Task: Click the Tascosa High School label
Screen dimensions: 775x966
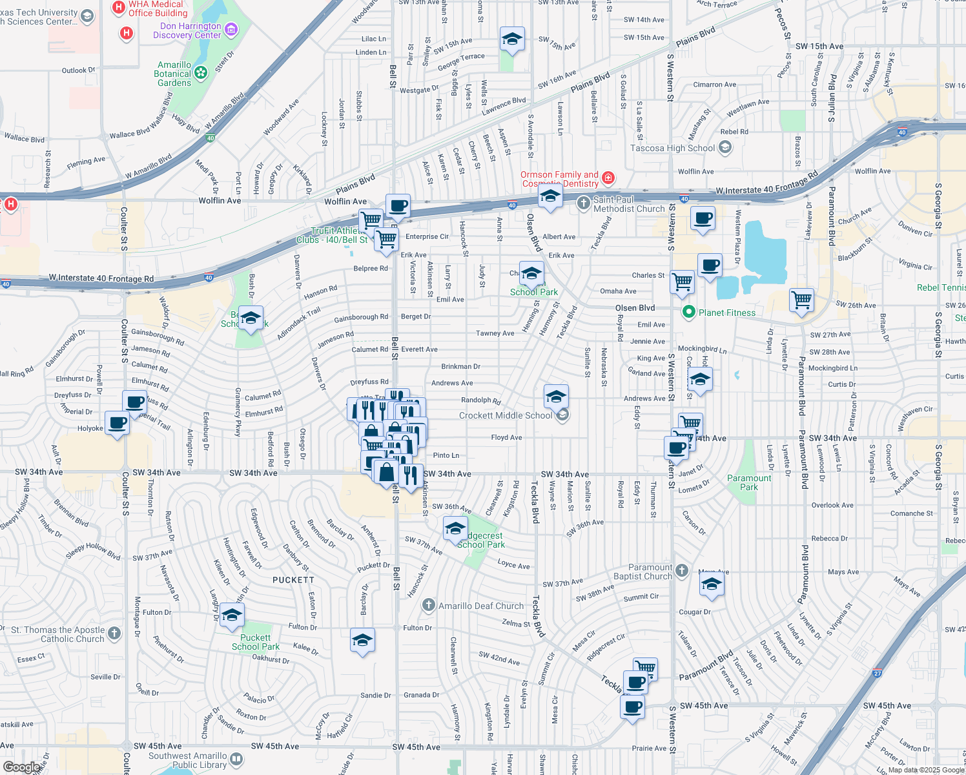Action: (x=672, y=148)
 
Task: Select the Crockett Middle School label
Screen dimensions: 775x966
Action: (x=506, y=415)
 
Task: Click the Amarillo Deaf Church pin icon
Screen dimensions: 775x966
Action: (x=429, y=605)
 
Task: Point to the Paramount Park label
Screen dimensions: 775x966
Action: (x=749, y=482)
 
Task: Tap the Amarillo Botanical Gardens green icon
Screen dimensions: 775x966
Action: (x=201, y=73)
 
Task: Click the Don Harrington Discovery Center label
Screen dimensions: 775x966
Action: (x=187, y=30)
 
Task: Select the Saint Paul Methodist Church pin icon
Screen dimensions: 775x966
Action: (x=584, y=203)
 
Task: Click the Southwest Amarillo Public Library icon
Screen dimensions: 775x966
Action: (x=236, y=759)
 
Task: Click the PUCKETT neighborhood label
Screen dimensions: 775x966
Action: (x=293, y=580)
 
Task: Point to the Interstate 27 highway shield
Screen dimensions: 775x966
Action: (x=878, y=673)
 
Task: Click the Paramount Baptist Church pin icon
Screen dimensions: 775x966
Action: (x=683, y=570)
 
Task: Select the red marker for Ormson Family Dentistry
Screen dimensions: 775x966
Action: (x=608, y=177)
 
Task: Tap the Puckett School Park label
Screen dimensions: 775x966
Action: (x=256, y=642)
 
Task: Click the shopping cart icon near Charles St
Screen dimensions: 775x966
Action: (x=683, y=282)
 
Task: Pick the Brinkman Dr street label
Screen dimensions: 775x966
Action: (x=460, y=366)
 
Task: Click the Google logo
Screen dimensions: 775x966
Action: (x=21, y=767)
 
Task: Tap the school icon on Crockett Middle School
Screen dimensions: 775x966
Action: (x=562, y=415)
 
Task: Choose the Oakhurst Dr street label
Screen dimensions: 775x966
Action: (x=271, y=659)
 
